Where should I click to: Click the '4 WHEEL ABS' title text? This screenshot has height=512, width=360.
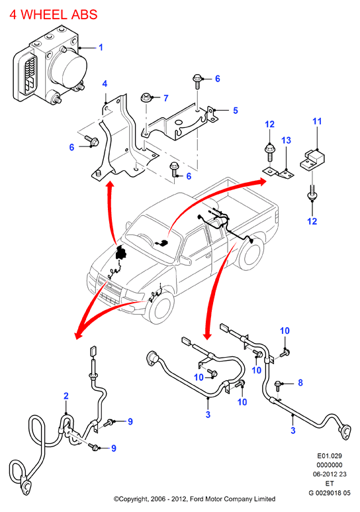pyautogui.click(x=54, y=15)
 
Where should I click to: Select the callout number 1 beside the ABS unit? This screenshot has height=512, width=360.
pyautogui.click(x=101, y=47)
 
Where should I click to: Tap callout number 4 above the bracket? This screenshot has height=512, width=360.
pyautogui.click(x=105, y=83)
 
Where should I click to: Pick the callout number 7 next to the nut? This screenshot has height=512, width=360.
pyautogui.click(x=166, y=98)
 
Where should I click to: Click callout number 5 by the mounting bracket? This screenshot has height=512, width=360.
pyautogui.click(x=236, y=111)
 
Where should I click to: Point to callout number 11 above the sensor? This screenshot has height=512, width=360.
pyautogui.click(x=317, y=121)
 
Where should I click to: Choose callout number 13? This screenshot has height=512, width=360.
pyautogui.click(x=286, y=140)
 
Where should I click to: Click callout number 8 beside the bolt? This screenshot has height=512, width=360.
pyautogui.click(x=300, y=383)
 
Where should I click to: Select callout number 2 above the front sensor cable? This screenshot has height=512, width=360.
pyautogui.click(x=66, y=396)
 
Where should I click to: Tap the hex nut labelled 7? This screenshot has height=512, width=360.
pyautogui.click(x=146, y=97)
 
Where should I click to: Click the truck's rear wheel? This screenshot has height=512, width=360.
pyautogui.click(x=251, y=254)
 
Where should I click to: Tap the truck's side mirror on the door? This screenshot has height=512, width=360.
pyautogui.click(x=185, y=260)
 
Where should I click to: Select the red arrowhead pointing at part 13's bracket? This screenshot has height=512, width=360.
pyautogui.click(x=262, y=181)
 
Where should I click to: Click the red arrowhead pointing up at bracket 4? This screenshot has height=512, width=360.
pyautogui.click(x=111, y=185)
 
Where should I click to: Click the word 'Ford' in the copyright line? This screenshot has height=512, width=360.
pyautogui.click(x=197, y=499)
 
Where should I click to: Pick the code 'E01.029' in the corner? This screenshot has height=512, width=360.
pyautogui.click(x=330, y=456)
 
